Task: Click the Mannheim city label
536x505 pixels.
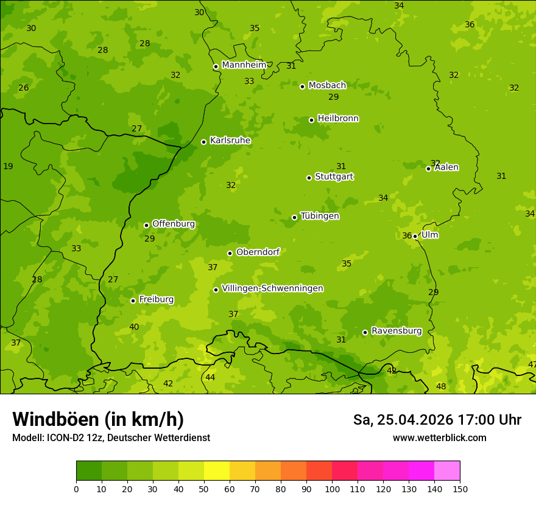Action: pos(244,65)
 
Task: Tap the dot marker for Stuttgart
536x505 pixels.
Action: pos(309,178)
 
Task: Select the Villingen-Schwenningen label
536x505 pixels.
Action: pos(272,288)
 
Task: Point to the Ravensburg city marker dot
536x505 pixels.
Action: pos(365,332)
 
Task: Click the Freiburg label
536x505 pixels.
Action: pos(156,299)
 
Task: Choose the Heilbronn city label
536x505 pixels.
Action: pos(337,119)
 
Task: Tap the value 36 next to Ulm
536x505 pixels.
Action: pos(407,236)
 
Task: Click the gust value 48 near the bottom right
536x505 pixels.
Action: pos(441,387)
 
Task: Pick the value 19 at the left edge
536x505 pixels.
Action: pos(8,167)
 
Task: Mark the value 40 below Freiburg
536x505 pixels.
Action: pos(134,327)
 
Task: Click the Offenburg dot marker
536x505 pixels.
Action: pos(146,225)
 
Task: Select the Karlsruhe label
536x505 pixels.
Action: pos(230,141)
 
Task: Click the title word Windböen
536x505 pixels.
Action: pos(55,419)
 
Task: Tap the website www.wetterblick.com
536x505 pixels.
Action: pos(439,438)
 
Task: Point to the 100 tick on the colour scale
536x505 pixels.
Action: pos(332,489)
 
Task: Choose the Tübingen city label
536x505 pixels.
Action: pos(319,216)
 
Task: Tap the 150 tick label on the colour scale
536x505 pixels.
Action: pos(460,489)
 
